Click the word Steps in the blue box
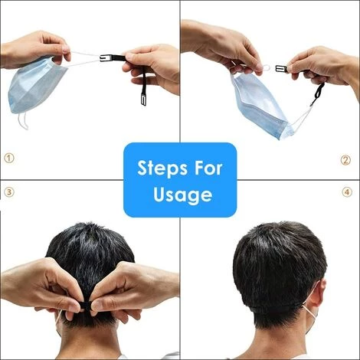pos(159,169)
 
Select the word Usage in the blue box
pos(183,195)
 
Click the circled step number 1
pos(9,159)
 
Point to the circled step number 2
pos(345,160)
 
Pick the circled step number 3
pos(9,192)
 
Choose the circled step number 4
pos(347,192)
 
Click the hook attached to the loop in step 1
pos(105,58)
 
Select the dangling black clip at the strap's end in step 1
pos(143,99)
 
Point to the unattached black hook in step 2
pos(281,69)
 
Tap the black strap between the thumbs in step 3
pos(86,305)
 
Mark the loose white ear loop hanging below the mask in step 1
pos(23,121)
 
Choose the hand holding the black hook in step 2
pos(324,67)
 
